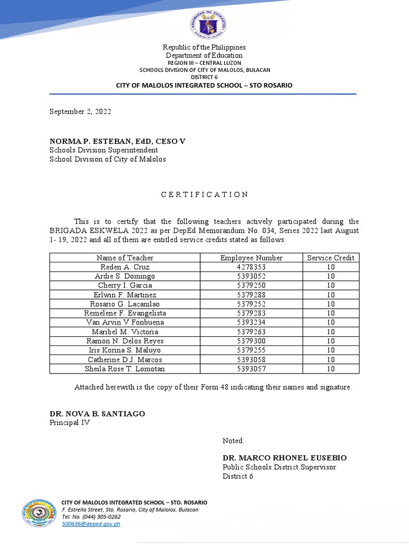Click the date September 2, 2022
tap(80, 112)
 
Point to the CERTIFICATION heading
tap(204, 194)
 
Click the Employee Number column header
tap(251, 258)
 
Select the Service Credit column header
tap(330, 258)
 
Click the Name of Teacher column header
tap(125, 258)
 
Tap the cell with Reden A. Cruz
tap(125, 267)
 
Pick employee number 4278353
tap(251, 267)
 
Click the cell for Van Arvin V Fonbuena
tap(125, 323)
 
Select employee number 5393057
tap(251, 369)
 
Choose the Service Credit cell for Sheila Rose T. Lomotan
tap(330, 369)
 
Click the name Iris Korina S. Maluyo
tap(125, 350)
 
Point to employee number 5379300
tap(251, 341)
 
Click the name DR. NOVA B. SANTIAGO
tap(97, 414)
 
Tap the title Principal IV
tap(70, 423)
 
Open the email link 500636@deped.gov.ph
tap(91, 524)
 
